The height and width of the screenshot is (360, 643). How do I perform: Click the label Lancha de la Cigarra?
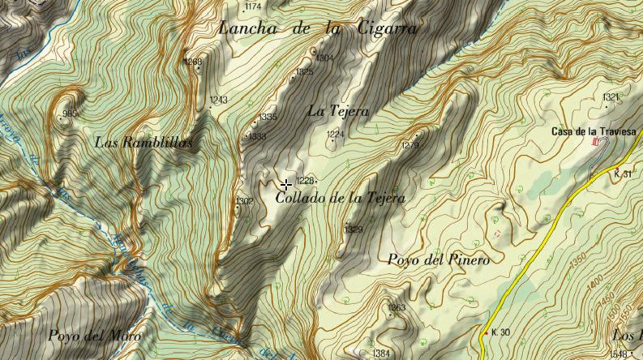(318, 29)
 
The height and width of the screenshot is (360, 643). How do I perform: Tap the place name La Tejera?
(338, 111)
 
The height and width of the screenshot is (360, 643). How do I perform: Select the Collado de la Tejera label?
(340, 198)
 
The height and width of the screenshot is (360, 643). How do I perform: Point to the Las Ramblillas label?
(144, 142)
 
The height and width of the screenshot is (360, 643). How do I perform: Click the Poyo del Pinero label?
(438, 260)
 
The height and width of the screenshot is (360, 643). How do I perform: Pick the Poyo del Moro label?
(94, 336)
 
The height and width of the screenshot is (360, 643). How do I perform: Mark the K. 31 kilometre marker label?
(622, 174)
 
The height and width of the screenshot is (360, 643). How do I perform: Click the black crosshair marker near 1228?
(285, 185)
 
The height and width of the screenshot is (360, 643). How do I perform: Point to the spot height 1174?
(252, 7)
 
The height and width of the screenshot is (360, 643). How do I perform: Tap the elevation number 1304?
(324, 58)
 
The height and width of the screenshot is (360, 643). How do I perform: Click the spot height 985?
(70, 114)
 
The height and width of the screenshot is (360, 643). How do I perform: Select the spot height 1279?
(410, 146)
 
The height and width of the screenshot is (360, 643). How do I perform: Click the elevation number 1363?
(397, 308)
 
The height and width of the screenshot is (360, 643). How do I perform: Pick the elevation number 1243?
(218, 101)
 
